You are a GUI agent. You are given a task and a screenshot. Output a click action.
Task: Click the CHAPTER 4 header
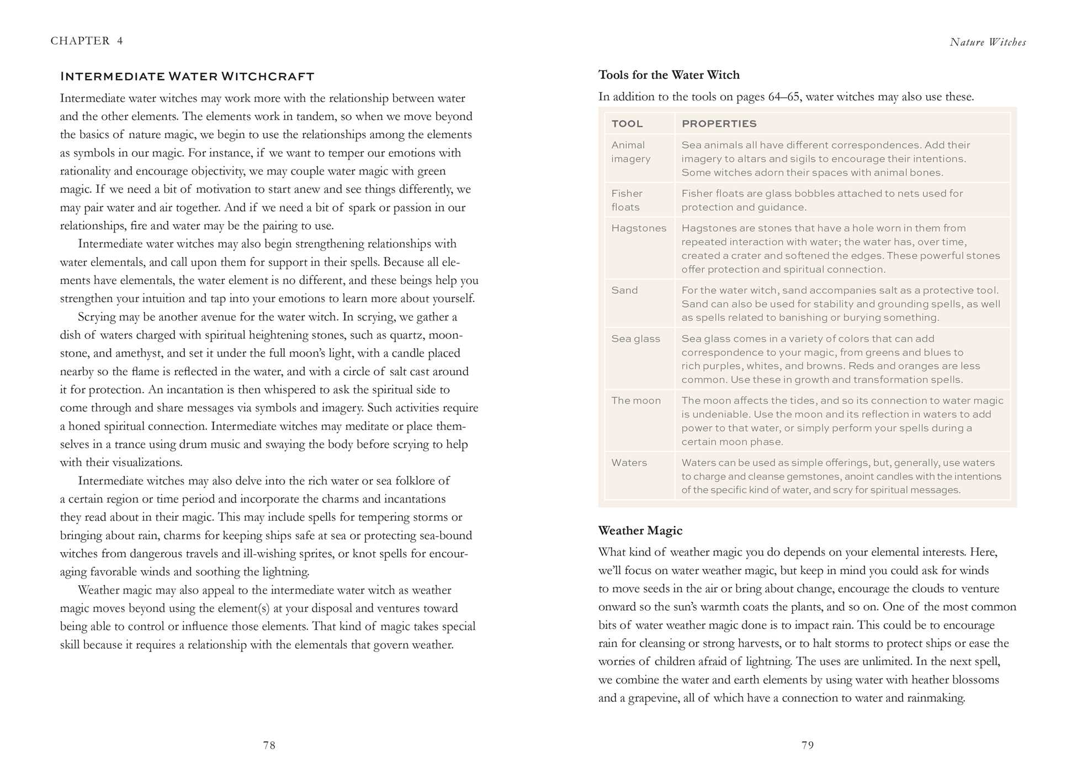[x=87, y=41]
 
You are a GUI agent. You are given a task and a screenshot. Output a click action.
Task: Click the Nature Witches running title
[x=988, y=43]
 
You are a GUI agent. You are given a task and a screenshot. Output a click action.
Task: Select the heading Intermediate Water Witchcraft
[x=187, y=76]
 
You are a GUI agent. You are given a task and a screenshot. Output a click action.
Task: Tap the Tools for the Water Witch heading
[x=669, y=75]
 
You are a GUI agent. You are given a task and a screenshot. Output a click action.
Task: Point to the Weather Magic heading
[x=640, y=531]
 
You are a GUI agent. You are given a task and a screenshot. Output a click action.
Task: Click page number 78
[x=269, y=745]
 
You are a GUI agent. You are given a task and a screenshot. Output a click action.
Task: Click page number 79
[x=808, y=745]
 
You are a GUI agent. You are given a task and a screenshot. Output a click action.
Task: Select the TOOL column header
[x=627, y=124]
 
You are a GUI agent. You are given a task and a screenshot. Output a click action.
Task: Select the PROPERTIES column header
[x=719, y=124]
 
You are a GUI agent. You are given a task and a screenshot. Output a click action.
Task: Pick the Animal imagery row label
[x=630, y=152]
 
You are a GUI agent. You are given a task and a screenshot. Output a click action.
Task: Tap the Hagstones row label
[x=639, y=228]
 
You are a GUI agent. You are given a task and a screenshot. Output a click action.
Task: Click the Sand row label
[x=624, y=290]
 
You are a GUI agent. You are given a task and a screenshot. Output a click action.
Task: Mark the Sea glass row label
[x=635, y=339]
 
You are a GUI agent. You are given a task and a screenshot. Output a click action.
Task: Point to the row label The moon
[x=635, y=401]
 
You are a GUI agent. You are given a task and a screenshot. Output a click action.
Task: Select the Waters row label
[x=629, y=463]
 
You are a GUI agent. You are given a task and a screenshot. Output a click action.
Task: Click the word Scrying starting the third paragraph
[x=97, y=317]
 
